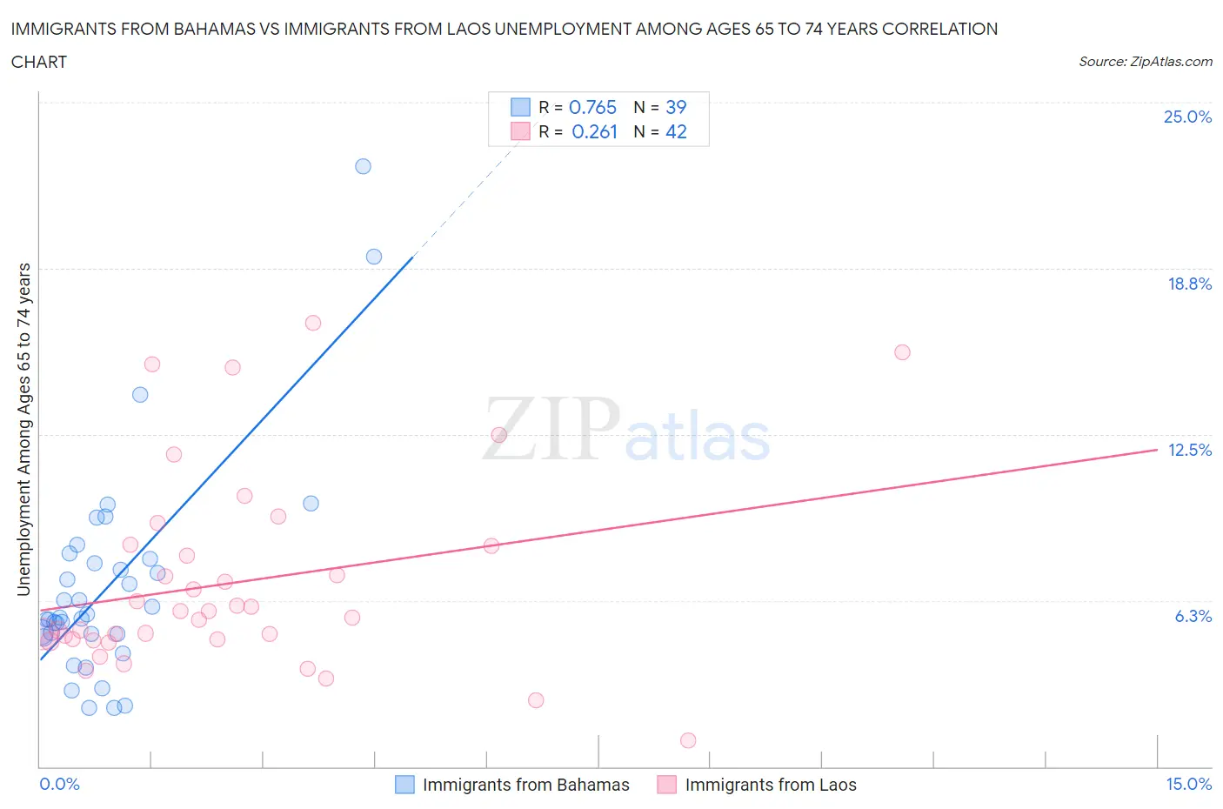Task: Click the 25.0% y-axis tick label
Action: (x=1187, y=117)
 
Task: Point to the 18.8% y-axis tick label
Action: (x=1189, y=284)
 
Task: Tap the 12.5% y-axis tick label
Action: (x=1189, y=450)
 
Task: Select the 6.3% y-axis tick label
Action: (x=1193, y=616)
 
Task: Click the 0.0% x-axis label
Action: (x=59, y=784)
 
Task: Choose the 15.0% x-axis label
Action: (x=1188, y=784)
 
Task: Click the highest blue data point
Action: (x=363, y=166)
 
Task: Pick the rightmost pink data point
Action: (x=902, y=352)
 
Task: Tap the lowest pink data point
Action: (x=688, y=740)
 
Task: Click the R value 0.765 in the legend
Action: (x=592, y=107)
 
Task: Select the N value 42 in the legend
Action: (x=676, y=131)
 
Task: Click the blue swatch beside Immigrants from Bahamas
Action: (x=404, y=785)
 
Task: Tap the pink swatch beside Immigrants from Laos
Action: (x=667, y=785)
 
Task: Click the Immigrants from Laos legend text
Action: (x=771, y=785)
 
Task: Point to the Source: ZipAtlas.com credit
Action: (x=1145, y=62)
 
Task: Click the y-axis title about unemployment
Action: (x=24, y=429)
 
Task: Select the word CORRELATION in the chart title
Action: (x=940, y=29)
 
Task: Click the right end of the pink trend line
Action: (x=1156, y=450)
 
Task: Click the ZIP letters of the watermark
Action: (x=551, y=428)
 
